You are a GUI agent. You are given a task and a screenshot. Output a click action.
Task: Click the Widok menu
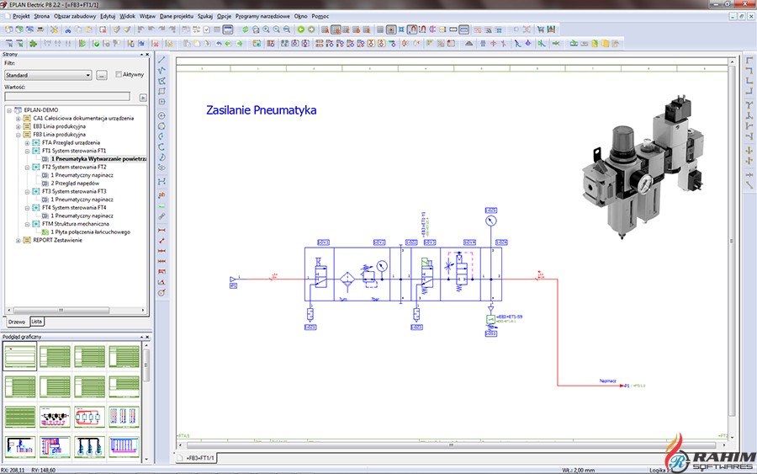[127, 16]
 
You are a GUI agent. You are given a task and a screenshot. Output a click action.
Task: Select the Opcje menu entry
[224, 16]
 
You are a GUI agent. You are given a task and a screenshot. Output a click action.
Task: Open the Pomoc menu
[320, 16]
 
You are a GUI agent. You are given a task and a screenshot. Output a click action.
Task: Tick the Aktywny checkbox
[119, 75]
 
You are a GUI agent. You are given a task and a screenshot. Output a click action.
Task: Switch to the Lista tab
[36, 322]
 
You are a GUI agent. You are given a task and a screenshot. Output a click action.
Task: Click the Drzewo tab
[16, 322]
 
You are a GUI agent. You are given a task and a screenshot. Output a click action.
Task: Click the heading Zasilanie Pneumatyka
[261, 110]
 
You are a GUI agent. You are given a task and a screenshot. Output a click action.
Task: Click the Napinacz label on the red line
[609, 380]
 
